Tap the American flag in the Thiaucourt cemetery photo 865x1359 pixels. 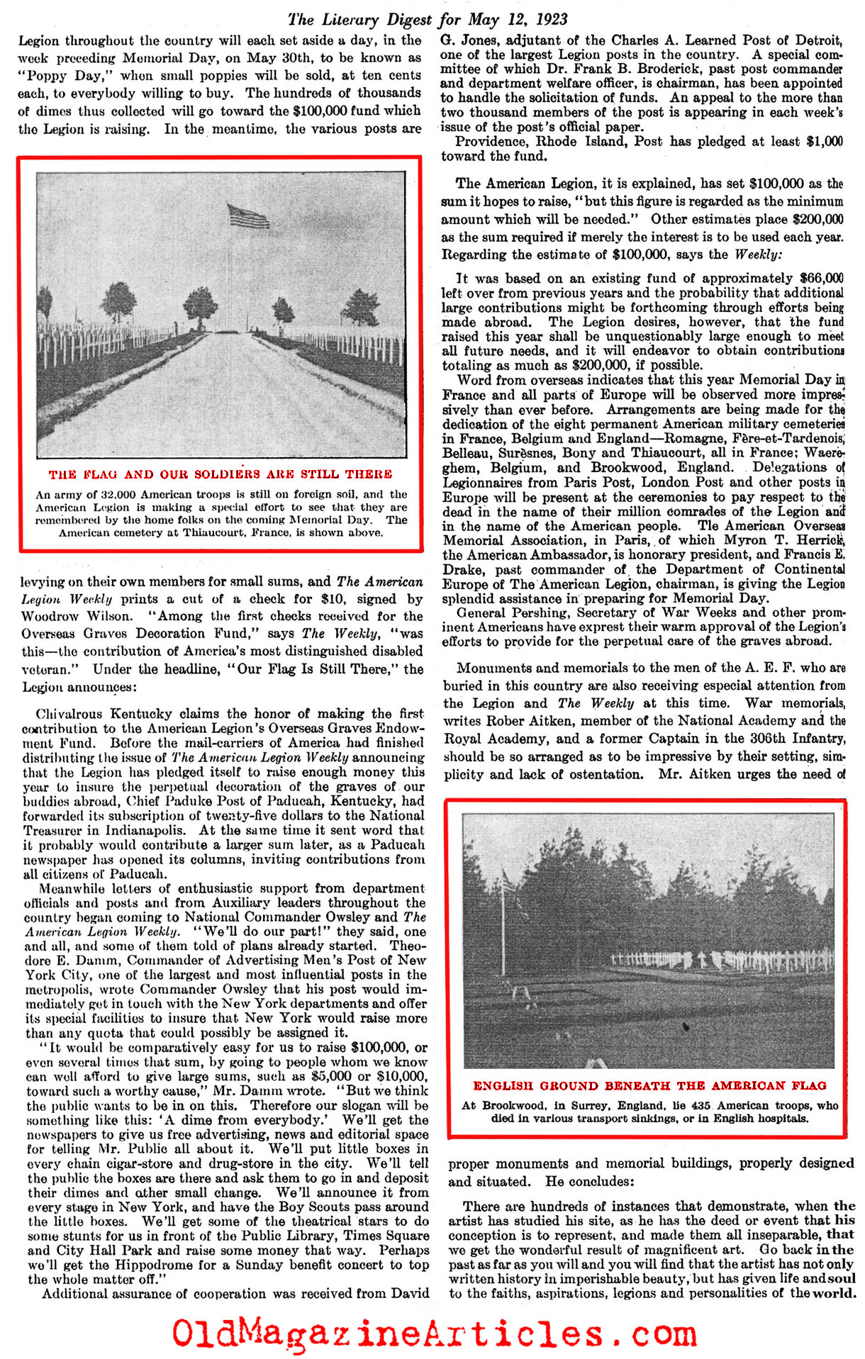pos(248,214)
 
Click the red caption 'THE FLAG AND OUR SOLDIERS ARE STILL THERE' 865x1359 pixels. pos(221,474)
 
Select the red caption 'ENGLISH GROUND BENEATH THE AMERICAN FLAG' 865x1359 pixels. pos(649,1085)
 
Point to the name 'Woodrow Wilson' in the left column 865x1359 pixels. pos(77,616)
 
